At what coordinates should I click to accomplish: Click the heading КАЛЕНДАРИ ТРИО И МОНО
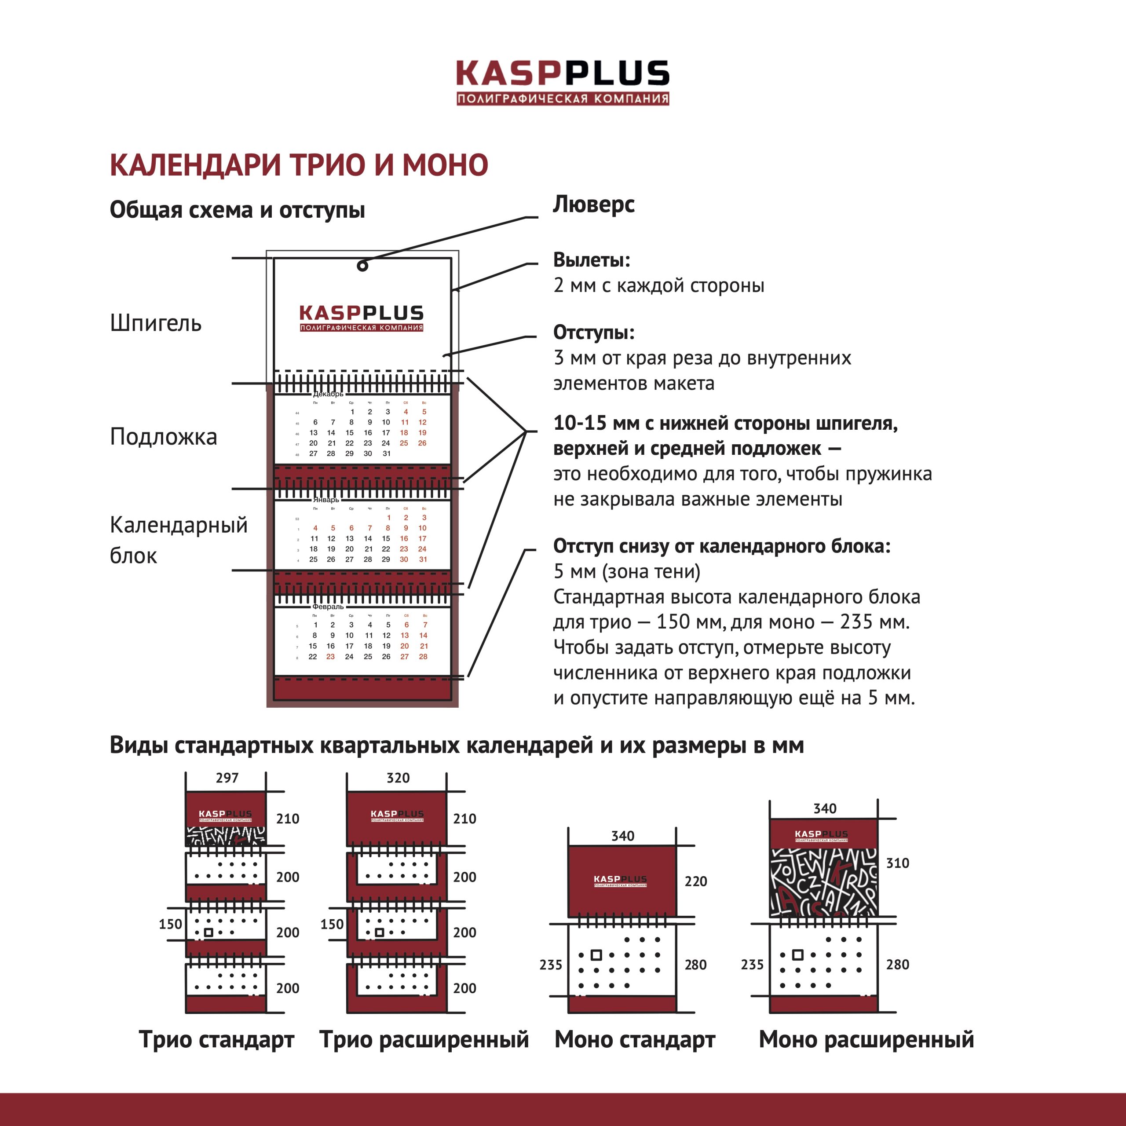coord(298,165)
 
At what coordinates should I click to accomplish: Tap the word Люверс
coord(593,205)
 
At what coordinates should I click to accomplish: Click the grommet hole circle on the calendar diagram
coord(362,266)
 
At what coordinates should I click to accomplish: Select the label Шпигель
coord(156,323)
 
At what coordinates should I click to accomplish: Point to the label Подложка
coord(163,436)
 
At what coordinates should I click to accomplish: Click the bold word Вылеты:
coord(591,260)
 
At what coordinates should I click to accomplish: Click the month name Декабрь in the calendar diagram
coord(328,394)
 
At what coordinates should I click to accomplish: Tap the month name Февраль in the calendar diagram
coord(328,607)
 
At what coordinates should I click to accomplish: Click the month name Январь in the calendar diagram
coord(326,500)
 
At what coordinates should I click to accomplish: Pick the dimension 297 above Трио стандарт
coord(227,778)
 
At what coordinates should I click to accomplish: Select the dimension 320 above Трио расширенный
coord(398,778)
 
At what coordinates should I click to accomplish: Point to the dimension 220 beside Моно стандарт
coord(696,881)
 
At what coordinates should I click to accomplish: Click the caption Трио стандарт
coord(216,1039)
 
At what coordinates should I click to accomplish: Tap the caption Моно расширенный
coord(866,1039)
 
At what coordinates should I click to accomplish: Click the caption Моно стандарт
coord(635,1039)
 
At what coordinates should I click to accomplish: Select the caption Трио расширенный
coord(424,1039)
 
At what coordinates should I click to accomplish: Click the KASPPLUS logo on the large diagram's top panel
coord(362,318)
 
